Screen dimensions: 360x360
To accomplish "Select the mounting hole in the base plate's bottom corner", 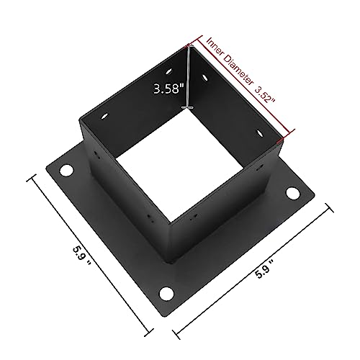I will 166,293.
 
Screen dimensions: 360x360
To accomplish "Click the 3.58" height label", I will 167,90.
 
